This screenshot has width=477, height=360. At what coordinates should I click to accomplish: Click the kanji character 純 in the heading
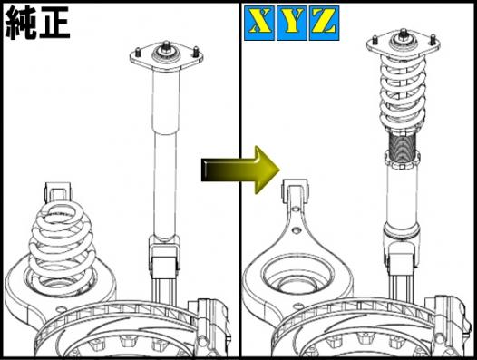tap(21, 24)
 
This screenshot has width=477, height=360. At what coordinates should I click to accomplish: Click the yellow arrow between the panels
tap(240, 170)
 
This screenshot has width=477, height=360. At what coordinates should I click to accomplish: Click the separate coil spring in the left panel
tap(61, 243)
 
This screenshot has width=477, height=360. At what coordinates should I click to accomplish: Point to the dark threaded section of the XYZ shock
tap(402, 149)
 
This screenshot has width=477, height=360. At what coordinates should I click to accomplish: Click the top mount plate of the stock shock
tap(166, 59)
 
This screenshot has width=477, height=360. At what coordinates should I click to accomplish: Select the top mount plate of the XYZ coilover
tap(403, 45)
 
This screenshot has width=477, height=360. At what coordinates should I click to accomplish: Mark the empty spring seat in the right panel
tap(292, 277)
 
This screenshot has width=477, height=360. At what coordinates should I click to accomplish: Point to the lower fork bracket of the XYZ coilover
tap(402, 256)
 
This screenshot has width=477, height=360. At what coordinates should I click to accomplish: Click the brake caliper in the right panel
tap(450, 323)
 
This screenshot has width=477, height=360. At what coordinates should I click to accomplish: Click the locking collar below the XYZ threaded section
tap(402, 160)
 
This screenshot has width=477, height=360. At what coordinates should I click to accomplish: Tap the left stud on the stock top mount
tap(138, 53)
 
